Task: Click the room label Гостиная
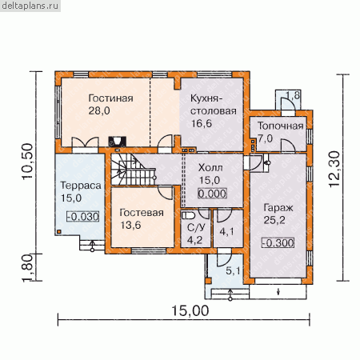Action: pyautogui.click(x=110, y=98)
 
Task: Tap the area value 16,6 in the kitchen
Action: pyautogui.click(x=202, y=123)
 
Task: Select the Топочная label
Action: pyautogui.click(x=281, y=126)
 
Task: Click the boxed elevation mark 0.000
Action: pyautogui.click(x=212, y=194)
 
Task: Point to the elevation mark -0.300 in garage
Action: pyautogui.click(x=278, y=243)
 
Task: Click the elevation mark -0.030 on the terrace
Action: pyautogui.click(x=83, y=217)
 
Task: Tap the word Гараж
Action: pyautogui.click(x=278, y=208)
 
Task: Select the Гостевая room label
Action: pyautogui.click(x=142, y=213)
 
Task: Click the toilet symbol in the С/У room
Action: pyautogui.click(x=188, y=215)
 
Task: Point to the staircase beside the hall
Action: pyautogui.click(x=134, y=170)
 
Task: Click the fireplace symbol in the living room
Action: pyautogui.click(x=117, y=142)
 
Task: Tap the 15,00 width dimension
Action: pyautogui.click(x=190, y=311)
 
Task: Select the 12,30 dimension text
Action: pyautogui.click(x=334, y=169)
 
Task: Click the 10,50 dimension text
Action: pyautogui.click(x=27, y=162)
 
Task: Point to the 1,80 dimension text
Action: pyautogui.click(x=27, y=268)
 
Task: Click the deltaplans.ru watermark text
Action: pyautogui.click(x=30, y=6)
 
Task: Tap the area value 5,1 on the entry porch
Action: pyautogui.click(x=233, y=271)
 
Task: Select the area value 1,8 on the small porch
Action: pyautogui.click(x=293, y=95)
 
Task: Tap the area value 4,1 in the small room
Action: pyautogui.click(x=226, y=231)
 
